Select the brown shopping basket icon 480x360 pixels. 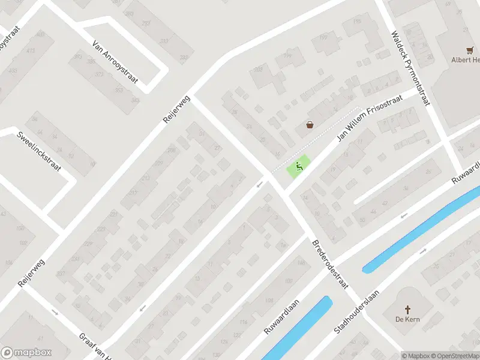point(310,125)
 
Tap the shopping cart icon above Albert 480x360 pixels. point(470,50)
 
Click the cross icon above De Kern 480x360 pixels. point(407,310)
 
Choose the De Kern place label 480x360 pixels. point(407,319)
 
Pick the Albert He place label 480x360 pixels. point(465,60)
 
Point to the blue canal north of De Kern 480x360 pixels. point(420,231)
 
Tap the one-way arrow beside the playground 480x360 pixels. point(259,184)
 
